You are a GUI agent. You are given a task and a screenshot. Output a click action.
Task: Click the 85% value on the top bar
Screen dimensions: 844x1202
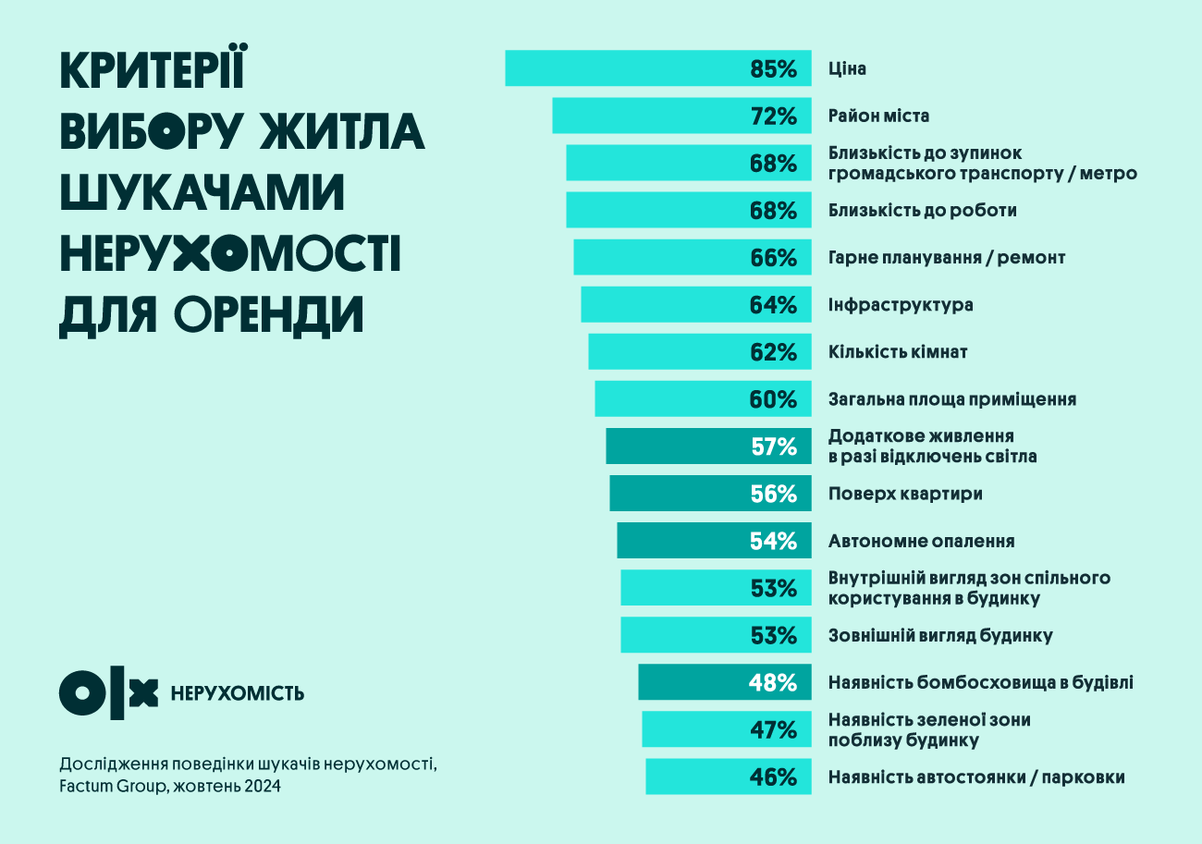(773, 69)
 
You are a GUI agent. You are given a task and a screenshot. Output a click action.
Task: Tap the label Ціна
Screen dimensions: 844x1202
(847, 69)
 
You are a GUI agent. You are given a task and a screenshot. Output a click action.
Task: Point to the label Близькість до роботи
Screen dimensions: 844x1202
(922, 211)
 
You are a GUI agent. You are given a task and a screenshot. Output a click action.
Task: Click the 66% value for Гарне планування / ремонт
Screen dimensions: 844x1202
(773, 258)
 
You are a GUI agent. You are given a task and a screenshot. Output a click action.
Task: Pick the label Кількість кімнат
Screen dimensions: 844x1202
(898, 352)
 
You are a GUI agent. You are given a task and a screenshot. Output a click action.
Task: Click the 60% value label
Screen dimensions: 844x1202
(773, 399)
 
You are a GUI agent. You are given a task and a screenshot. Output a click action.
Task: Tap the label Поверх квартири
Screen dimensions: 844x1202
(905, 494)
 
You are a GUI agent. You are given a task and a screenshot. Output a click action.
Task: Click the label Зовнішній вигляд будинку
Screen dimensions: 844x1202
(940, 636)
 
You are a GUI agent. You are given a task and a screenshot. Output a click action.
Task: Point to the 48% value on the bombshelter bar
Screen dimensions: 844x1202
(773, 683)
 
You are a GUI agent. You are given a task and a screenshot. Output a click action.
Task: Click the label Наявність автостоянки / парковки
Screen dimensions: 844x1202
(976, 777)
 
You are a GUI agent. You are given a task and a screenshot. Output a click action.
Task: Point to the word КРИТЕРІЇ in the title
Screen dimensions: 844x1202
(153, 72)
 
